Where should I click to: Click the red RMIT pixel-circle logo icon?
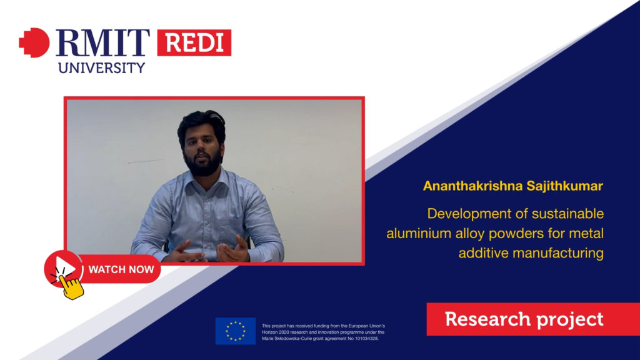pos(34,42)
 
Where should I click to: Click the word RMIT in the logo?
pos(102,43)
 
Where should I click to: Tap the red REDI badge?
pos(194,42)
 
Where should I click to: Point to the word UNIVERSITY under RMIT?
pos(102,67)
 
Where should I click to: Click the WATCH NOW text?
pos(121,269)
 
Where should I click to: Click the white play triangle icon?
pos(65,267)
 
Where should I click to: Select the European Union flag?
pos(236,331)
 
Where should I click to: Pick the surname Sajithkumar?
pos(564,186)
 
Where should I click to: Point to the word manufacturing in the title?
pos(558,254)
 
